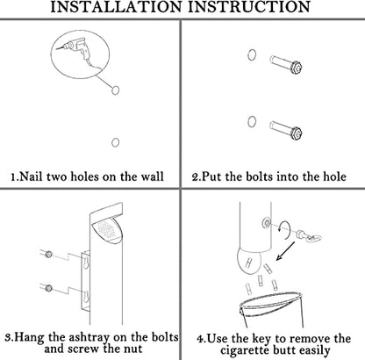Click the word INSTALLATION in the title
[x=116, y=7]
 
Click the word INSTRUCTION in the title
[x=249, y=7]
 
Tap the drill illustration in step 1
[x=76, y=52]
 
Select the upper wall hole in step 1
[x=116, y=90]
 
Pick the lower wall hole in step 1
[x=116, y=142]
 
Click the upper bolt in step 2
[x=286, y=64]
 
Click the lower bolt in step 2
[x=286, y=130]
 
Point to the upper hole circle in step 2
[x=252, y=54]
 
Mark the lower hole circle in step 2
[x=252, y=121]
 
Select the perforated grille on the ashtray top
[x=106, y=229]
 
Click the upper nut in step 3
[x=49, y=254]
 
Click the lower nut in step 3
[x=49, y=288]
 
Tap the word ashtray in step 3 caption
[x=89, y=337]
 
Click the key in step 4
[x=309, y=236]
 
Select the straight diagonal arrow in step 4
[x=286, y=251]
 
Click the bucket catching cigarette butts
[x=271, y=310]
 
